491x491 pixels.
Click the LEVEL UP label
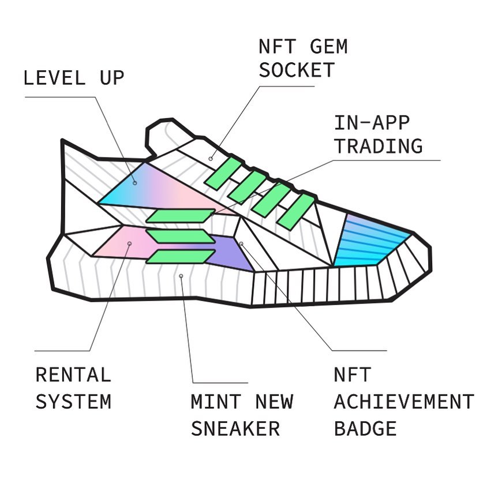click(x=74, y=78)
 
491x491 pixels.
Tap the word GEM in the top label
click(x=328, y=46)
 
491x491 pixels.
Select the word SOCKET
click(x=297, y=70)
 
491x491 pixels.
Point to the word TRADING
click(x=378, y=145)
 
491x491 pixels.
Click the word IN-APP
click(x=372, y=122)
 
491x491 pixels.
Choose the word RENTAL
click(x=73, y=374)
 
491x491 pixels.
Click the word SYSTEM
click(x=73, y=402)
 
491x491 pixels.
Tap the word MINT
click(x=216, y=402)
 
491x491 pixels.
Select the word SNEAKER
click(x=235, y=428)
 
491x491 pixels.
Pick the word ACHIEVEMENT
click(x=404, y=402)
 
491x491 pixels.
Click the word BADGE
click(x=365, y=428)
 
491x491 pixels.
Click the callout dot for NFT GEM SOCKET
click(x=211, y=159)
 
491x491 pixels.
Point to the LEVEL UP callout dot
click(x=134, y=183)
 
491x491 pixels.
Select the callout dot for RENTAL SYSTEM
click(x=130, y=243)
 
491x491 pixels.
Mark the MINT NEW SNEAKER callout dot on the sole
click(x=181, y=276)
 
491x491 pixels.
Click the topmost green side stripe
click(x=181, y=216)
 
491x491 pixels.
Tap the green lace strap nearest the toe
click(x=295, y=211)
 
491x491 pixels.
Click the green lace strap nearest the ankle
click(x=223, y=174)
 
